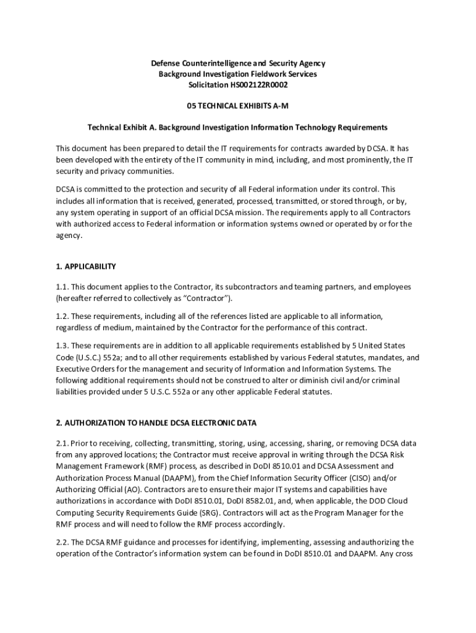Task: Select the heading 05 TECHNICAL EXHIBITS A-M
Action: pyautogui.click(x=238, y=106)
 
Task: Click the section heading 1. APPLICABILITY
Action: pyautogui.click(x=86, y=266)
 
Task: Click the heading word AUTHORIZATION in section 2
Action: pyautogui.click(x=95, y=423)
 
